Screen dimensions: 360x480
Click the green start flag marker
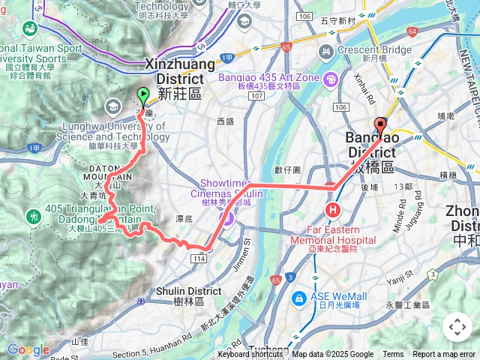(x=142, y=96)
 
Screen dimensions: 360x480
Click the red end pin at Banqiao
(x=379, y=126)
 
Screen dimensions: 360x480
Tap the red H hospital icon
(x=331, y=208)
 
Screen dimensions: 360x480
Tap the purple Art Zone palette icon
(x=331, y=78)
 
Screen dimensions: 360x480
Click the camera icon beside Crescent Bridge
(x=325, y=52)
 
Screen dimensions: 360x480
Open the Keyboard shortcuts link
(x=250, y=355)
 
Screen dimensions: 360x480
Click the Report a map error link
(x=443, y=355)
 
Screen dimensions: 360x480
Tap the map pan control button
(x=457, y=327)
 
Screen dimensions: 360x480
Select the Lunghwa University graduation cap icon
(x=113, y=106)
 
